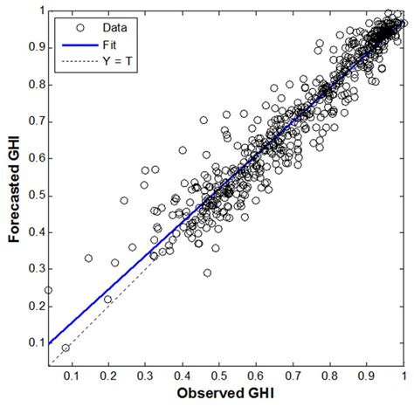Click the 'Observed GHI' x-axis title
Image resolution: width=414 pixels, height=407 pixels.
click(x=225, y=396)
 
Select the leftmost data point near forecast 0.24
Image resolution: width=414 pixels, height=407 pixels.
click(x=48, y=290)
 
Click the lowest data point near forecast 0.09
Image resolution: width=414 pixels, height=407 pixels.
click(x=66, y=347)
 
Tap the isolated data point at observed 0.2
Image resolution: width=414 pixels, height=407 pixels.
click(x=108, y=299)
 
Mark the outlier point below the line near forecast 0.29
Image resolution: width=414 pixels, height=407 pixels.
click(x=207, y=272)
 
